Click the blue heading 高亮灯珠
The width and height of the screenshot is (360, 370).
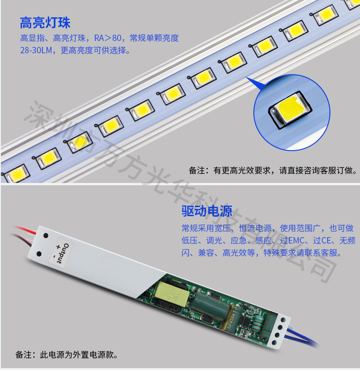pos(45,23)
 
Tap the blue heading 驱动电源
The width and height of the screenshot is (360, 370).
pos(207,211)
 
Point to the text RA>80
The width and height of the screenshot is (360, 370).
pos(108,38)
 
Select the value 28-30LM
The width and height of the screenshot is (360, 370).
pos(36,50)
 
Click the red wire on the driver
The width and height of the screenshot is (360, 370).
pos(24,229)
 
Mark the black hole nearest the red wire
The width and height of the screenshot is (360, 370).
pos(46,235)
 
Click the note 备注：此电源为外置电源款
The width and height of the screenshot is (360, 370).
pos(67,355)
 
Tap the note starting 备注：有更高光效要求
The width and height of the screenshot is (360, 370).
pos(273,170)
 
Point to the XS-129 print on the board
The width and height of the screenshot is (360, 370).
pos(188,311)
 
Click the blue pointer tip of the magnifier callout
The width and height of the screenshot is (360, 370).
pos(246,77)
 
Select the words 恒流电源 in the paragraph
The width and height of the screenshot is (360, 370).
pos(255,228)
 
